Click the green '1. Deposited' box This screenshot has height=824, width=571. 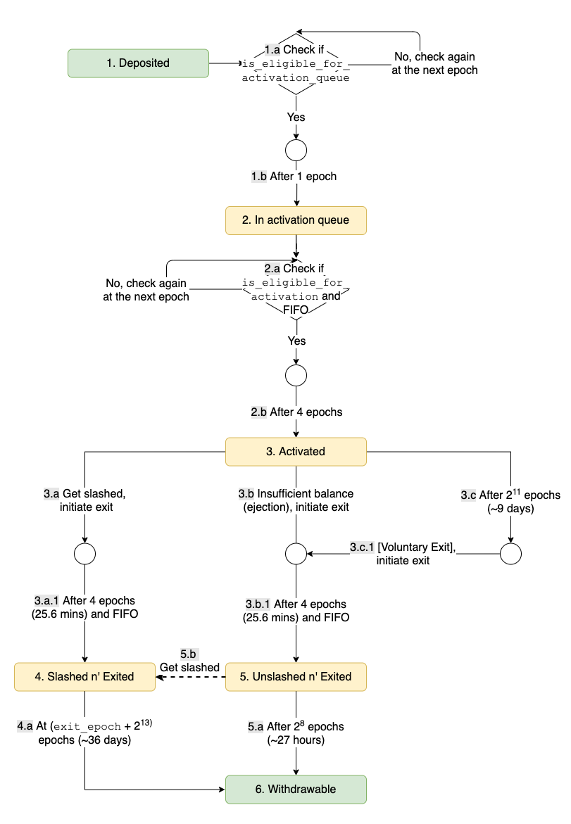138,63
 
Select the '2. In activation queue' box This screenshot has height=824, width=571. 296,220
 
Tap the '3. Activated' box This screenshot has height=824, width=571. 296,452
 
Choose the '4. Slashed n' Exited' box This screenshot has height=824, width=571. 84,676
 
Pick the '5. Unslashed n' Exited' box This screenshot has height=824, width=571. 296,676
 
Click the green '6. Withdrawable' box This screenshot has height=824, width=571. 296,789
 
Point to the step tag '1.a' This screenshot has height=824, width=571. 272,50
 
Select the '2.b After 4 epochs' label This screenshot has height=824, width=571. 296,412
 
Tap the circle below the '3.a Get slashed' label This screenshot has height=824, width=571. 84,554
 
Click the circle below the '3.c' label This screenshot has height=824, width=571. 510,554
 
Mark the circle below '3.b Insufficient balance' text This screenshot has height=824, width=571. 296,554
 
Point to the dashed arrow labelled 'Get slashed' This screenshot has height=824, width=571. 190,676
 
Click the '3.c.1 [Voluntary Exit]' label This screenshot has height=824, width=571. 403,554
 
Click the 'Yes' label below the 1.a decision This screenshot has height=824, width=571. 296,116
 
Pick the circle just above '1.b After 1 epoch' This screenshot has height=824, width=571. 296,150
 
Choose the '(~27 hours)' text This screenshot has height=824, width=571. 296,740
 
